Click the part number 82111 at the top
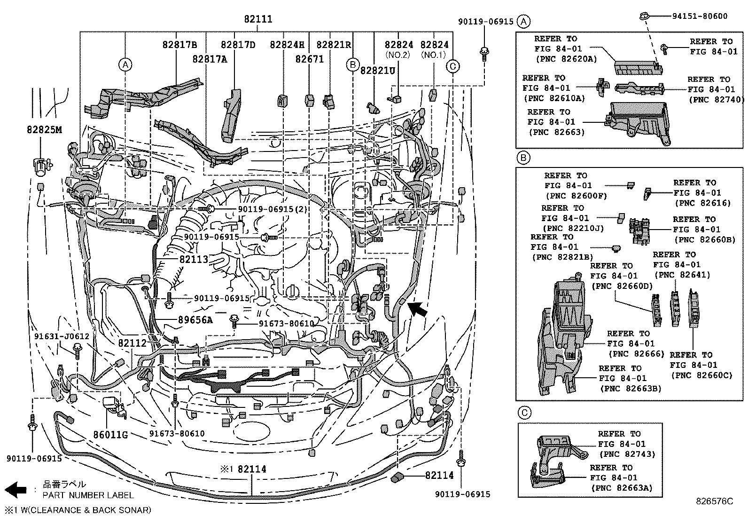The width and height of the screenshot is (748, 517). coord(258,19)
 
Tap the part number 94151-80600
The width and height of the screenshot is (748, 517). coord(699,16)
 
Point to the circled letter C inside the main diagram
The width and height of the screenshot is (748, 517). coord(452,66)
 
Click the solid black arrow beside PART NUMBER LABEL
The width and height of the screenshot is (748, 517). coord(15,489)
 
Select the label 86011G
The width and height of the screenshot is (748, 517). coord(110,435)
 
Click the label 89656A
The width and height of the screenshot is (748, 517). coord(195,320)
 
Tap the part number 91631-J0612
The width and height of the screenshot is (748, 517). coord(62,336)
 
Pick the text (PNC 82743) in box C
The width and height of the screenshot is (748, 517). coord(627,454)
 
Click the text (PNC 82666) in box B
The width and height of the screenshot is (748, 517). coord(636,354)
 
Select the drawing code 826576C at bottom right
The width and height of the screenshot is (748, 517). coord(714,501)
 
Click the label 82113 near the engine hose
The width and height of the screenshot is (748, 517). coord(193,259)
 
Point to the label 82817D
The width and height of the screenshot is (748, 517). coord(238,45)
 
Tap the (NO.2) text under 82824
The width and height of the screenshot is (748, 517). coord(397,55)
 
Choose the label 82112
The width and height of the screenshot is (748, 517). coord(132,343)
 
